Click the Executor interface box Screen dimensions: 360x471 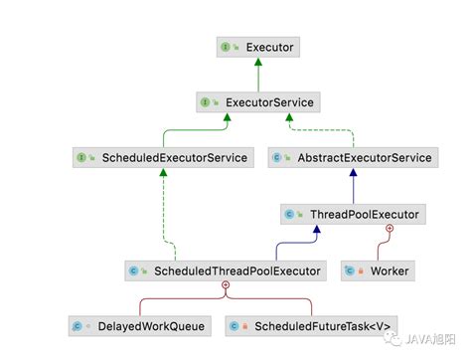[x=257, y=46]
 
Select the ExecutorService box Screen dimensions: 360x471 [x=257, y=101]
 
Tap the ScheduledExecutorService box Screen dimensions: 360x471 [x=160, y=157]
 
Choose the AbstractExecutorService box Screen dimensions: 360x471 [x=353, y=157]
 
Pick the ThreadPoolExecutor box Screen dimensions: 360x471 [x=352, y=213]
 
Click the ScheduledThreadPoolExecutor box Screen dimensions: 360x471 [x=226, y=270]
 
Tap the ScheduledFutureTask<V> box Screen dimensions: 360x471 [x=312, y=325]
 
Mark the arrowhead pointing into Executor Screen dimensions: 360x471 [x=257, y=62]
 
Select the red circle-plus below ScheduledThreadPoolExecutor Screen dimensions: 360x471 [x=226, y=285]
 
